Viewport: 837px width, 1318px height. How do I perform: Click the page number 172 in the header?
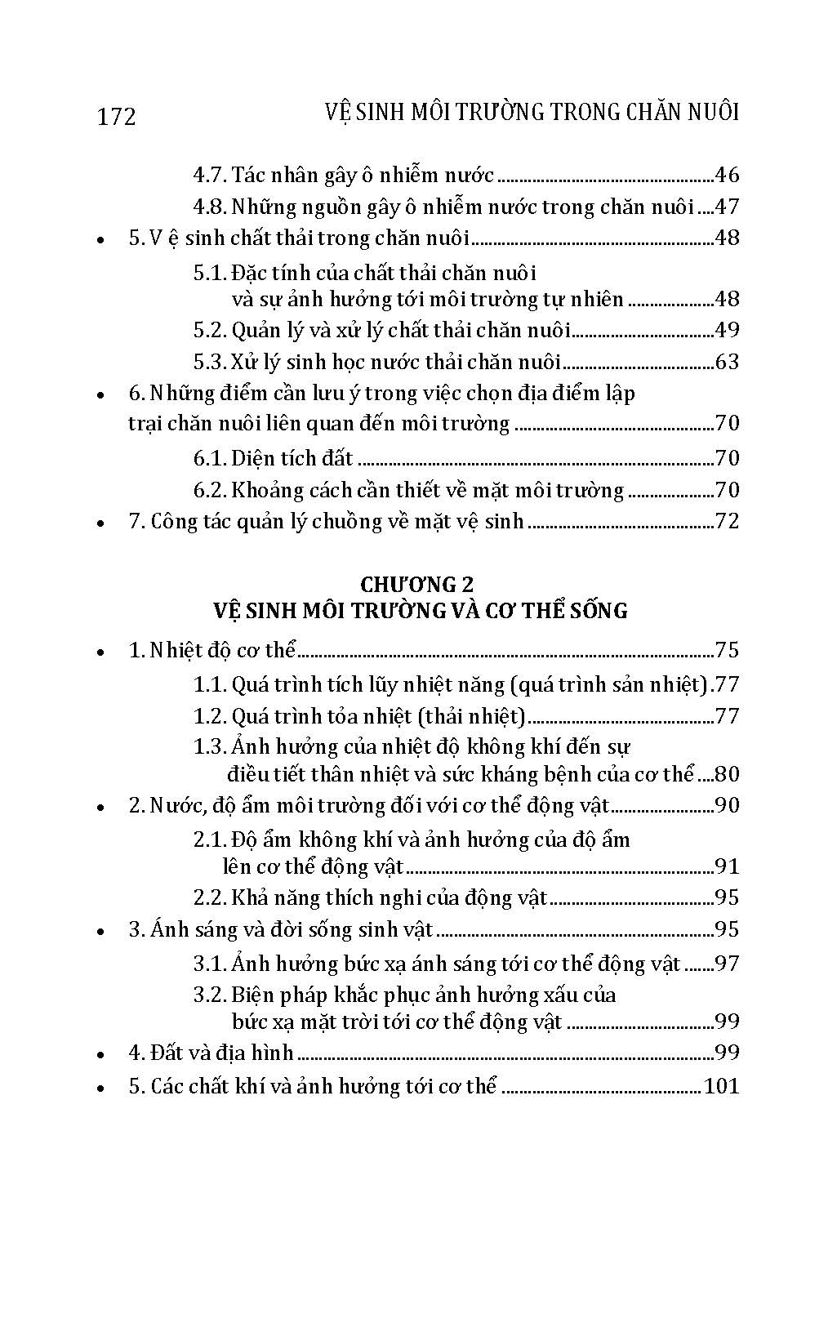117,117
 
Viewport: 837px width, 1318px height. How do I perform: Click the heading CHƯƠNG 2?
417,584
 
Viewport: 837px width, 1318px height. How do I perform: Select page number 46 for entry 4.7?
726,175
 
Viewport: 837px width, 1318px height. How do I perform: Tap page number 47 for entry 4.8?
726,207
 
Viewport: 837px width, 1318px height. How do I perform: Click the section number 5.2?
209,330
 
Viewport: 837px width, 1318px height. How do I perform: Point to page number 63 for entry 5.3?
726,362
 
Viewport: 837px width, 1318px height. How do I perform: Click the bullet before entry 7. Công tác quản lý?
100,523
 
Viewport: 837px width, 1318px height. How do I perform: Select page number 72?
726,521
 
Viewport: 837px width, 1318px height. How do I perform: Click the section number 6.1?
209,458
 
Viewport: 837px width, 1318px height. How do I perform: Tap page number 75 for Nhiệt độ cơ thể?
726,650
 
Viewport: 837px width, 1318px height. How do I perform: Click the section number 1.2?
209,716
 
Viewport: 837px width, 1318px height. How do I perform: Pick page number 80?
726,773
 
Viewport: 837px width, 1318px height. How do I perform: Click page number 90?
726,805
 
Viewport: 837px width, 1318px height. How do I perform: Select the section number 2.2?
209,897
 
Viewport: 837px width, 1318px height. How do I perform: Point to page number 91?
726,866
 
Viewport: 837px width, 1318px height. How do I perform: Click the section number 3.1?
209,964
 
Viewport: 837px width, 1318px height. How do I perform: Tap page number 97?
726,964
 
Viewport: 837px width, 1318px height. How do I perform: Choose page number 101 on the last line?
720,1086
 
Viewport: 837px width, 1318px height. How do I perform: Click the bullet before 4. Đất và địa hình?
100,1055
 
